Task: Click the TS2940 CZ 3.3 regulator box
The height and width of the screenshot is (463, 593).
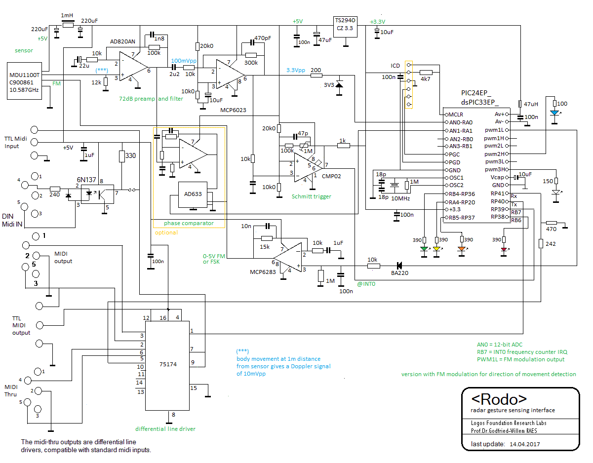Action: click(345, 27)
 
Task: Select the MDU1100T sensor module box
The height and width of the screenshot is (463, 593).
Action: click(24, 81)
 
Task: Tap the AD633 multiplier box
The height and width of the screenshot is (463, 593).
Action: click(193, 194)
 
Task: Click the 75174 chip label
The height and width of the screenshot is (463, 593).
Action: click(168, 364)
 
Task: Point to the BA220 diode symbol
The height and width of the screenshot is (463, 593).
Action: click(399, 265)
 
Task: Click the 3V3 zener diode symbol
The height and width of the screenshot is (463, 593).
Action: click(339, 85)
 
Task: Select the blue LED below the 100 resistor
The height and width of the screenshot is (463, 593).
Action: click(554, 113)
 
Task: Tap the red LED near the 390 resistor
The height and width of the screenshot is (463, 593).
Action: click(504, 249)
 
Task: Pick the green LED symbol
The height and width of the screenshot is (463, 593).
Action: click(424, 249)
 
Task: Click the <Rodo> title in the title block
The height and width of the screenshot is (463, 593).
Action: click(499, 399)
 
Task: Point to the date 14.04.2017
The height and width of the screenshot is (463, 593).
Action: click(524, 444)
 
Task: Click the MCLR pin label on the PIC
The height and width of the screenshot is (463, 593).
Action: click(455, 115)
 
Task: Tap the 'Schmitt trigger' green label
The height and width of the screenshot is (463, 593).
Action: click(311, 196)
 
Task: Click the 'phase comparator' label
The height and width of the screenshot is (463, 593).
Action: click(189, 223)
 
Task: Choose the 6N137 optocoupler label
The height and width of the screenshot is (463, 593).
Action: click(86, 180)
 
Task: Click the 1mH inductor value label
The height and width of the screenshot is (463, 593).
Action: click(67, 15)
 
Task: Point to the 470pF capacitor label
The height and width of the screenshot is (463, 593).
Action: click(263, 38)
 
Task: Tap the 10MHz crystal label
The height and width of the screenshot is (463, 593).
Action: click(400, 198)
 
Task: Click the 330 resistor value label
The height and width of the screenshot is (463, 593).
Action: click(130, 155)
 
